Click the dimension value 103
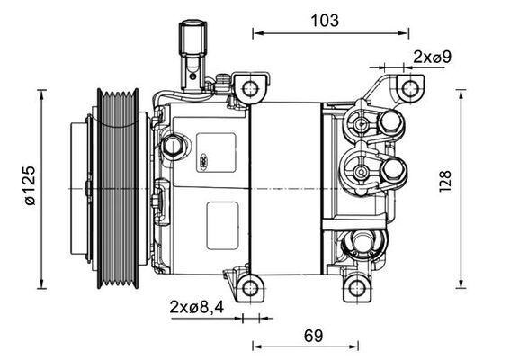[x=327, y=21]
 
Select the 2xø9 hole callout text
[x=432, y=57]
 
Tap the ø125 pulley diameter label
[x=30, y=186]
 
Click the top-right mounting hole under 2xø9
[x=409, y=88]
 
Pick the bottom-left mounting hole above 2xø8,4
[x=252, y=288]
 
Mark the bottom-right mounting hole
[x=358, y=288]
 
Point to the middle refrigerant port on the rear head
[x=393, y=168]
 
